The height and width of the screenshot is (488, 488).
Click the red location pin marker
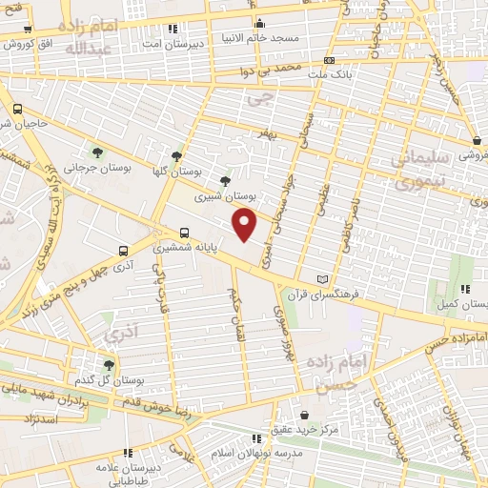pyautogui.click(x=246, y=224)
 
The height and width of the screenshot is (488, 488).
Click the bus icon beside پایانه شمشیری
pyautogui.click(x=185, y=232)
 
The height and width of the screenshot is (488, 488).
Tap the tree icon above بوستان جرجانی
pyautogui.click(x=97, y=152)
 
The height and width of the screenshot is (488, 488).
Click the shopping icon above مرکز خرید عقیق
pyautogui.click(x=304, y=415)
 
